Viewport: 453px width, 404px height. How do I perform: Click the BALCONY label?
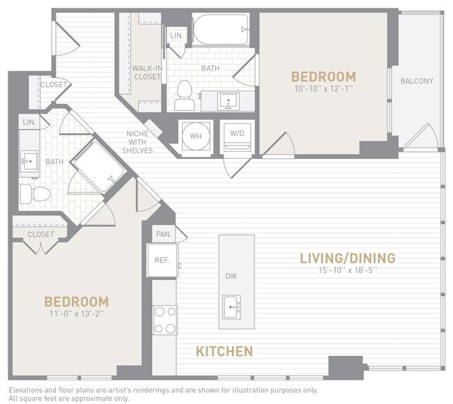[416, 81]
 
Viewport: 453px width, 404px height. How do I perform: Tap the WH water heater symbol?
[194, 136]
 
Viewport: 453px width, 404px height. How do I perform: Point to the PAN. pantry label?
[164, 234]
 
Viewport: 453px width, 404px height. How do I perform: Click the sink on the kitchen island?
[231, 304]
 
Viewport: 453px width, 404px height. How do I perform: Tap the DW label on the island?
[231, 276]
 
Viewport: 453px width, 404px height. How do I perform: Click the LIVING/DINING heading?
[347, 258]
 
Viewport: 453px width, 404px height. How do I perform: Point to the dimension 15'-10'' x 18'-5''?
[347, 272]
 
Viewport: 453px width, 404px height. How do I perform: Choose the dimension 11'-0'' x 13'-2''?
[77, 314]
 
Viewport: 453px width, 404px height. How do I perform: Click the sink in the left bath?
[29, 160]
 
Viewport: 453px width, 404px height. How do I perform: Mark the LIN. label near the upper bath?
[176, 35]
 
